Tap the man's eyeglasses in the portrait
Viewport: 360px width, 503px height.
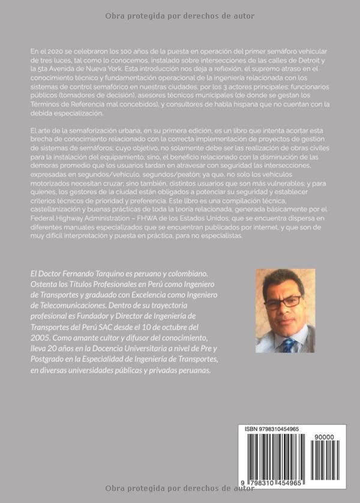click(x=284, y=301)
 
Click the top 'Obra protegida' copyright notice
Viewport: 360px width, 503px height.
click(x=179, y=16)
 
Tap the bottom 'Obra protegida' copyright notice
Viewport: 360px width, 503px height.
click(x=179, y=488)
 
